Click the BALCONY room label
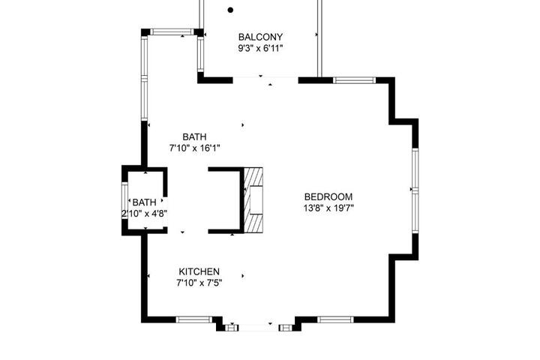pyautogui.click(x=260, y=37)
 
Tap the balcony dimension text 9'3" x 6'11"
pyautogui.click(x=260, y=48)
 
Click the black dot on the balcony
pyautogui.click(x=230, y=10)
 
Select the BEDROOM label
pyautogui.click(x=328, y=196)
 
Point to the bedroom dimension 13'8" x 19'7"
pyautogui.click(x=328, y=208)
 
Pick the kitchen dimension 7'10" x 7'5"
pyautogui.click(x=199, y=283)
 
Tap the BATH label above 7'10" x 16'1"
pyautogui.click(x=194, y=136)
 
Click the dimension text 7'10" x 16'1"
pyautogui.click(x=194, y=148)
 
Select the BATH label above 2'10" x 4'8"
pyautogui.click(x=144, y=202)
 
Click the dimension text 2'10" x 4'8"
pyautogui.click(x=144, y=214)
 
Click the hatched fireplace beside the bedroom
pyautogui.click(x=253, y=200)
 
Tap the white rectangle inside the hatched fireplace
pyautogui.click(x=256, y=200)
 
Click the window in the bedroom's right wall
pyautogui.click(x=415, y=190)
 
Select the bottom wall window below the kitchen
pyautogui.click(x=194, y=319)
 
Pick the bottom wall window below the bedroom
pyautogui.click(x=335, y=319)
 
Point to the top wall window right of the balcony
pyautogui.click(x=354, y=80)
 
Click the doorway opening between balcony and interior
pyautogui.click(x=265, y=80)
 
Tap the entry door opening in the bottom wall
pyautogui.click(x=258, y=327)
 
